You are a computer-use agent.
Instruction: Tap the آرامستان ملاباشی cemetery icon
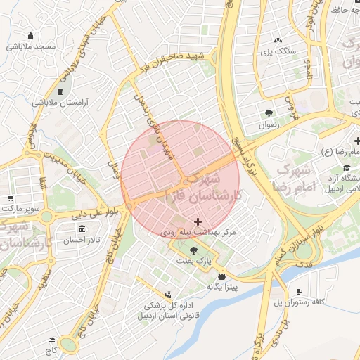coord(59,91)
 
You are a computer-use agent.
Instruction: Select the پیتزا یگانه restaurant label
coord(222,287)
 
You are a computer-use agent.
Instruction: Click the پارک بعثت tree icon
coord(193,250)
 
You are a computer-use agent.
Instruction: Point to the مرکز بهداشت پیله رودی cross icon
coord(207,221)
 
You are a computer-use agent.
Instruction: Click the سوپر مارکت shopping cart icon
coord(11,199)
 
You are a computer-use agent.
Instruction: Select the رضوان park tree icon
coord(269,113)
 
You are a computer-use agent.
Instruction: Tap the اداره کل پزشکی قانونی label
coord(167,310)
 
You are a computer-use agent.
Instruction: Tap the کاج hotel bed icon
coord(51,340)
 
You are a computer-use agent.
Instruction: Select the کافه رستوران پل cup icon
coord(299,291)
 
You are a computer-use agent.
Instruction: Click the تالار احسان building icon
coord(83,229)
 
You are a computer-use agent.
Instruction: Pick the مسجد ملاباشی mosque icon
coord(30,36)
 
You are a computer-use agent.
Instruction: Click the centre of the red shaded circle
coord(181,181)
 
